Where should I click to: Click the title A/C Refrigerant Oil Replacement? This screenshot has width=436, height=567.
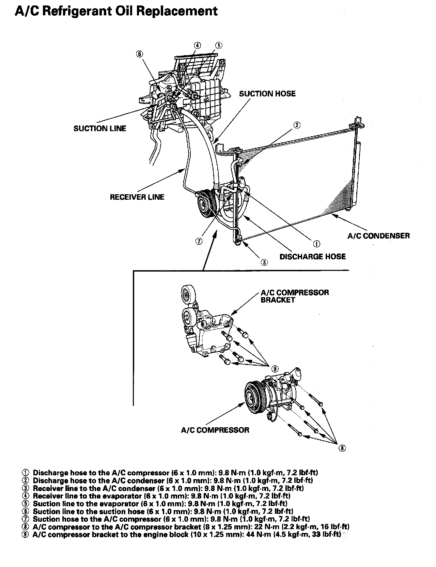coord(116,11)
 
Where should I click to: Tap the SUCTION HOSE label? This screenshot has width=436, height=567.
coord(267,94)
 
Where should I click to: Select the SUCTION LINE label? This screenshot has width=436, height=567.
coord(100,128)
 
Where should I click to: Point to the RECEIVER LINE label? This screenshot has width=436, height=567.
coord(137,197)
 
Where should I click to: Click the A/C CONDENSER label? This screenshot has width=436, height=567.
coord(378,235)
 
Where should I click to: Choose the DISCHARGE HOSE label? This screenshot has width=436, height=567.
coord(312,257)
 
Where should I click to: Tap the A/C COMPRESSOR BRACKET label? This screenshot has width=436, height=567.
coord(295,296)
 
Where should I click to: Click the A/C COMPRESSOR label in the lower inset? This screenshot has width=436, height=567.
coord(215,430)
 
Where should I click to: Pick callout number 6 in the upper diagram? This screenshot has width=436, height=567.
coord(140,53)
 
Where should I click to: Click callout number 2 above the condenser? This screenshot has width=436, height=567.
coord(297,125)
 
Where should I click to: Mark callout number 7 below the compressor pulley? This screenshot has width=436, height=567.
coord(199,241)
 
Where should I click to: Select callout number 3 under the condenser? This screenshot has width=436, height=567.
coord(264,262)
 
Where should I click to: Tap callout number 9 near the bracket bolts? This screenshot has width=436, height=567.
coord(275,368)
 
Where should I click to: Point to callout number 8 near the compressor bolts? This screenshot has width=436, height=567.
coord(342,448)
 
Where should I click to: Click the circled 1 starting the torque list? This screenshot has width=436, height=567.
coord(25,473)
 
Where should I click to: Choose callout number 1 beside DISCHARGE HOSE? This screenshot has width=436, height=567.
coord(316,243)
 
